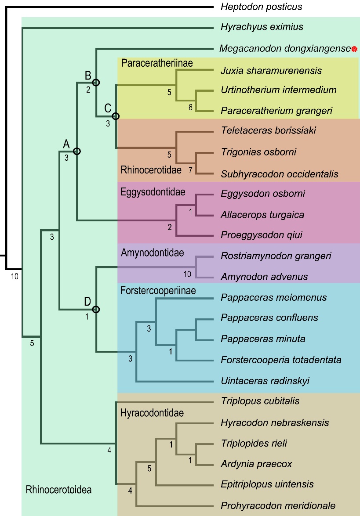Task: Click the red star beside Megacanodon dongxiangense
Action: pos(355,49)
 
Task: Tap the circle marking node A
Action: pos(77,151)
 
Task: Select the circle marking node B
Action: pos(96,82)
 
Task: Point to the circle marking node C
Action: pos(116,116)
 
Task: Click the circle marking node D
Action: pos(96,310)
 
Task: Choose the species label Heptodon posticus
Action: pos(262,7)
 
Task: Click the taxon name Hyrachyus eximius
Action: pos(262,27)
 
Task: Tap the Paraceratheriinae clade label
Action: pos(157,63)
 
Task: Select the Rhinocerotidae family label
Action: pos(151,170)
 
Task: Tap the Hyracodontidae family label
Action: pos(152,413)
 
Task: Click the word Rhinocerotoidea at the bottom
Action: pos(58,489)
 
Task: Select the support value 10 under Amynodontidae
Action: pos(187,274)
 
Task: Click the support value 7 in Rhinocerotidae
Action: pos(190,170)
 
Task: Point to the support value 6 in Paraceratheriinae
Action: pos(190,107)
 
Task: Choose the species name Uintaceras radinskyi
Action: pos(265,381)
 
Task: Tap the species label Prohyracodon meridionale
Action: pos(278,505)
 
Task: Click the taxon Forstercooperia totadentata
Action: pos(281,360)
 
